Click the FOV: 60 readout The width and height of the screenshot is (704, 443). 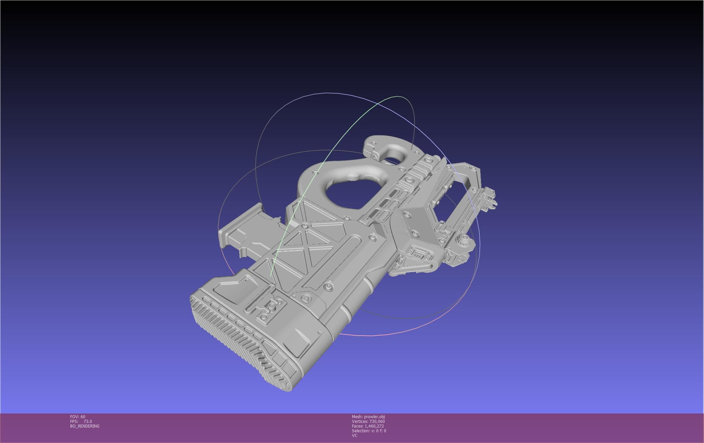pyautogui.click(x=78, y=416)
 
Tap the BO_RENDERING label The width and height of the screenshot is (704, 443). pyautogui.click(x=85, y=426)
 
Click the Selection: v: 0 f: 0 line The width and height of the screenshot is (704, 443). pyautogui.click(x=369, y=431)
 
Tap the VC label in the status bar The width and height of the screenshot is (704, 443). pyautogui.click(x=354, y=435)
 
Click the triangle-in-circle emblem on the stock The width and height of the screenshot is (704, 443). pyautogui.click(x=306, y=298)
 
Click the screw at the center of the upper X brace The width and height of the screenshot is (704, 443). pyautogui.click(x=305, y=226)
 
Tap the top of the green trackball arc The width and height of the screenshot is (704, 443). pyautogui.click(x=399, y=97)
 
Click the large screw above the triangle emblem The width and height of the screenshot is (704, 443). pyautogui.click(x=328, y=287)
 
